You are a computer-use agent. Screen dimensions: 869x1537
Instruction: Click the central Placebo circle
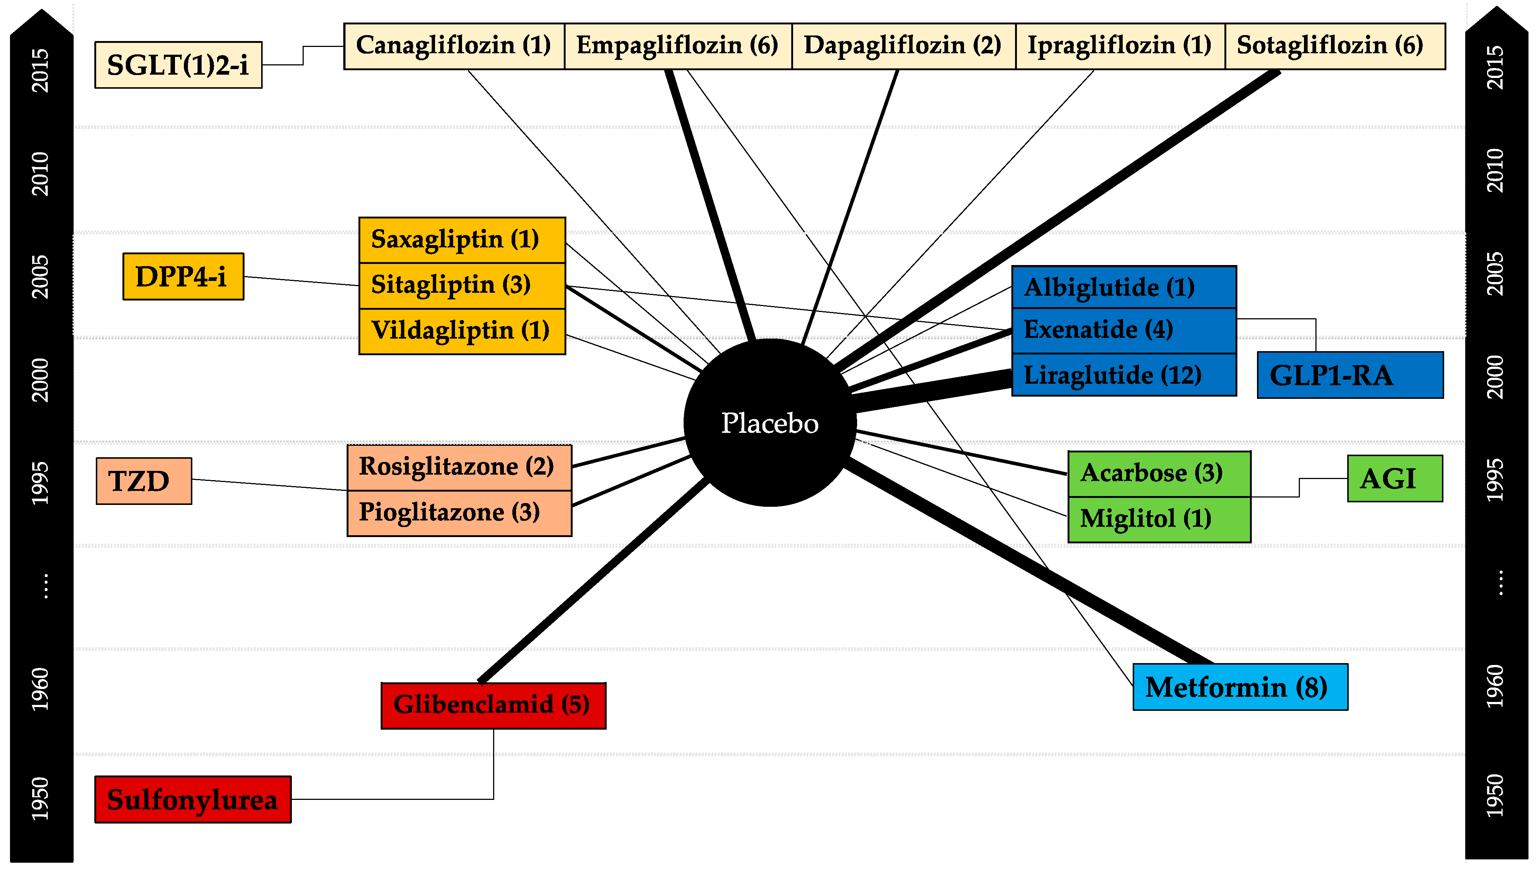point(770,422)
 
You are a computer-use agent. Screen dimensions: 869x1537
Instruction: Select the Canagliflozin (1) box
point(454,46)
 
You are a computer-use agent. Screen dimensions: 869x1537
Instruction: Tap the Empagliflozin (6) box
point(678,46)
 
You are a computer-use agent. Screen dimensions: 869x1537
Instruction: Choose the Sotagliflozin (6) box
point(1335,46)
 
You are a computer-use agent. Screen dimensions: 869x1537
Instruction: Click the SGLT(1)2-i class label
point(178,65)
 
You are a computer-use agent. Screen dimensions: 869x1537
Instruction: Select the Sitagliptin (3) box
point(462,285)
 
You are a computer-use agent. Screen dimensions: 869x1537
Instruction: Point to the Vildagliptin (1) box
point(462,331)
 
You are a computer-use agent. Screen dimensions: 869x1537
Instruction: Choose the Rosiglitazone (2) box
point(459,467)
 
